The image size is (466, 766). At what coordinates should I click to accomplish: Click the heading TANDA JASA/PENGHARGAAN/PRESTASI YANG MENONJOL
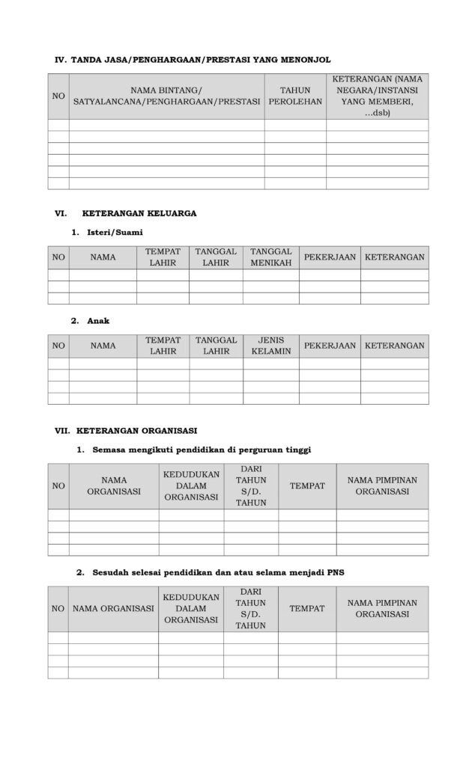(x=200, y=59)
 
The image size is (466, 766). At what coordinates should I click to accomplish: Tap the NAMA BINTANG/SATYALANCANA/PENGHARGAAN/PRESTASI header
(x=166, y=96)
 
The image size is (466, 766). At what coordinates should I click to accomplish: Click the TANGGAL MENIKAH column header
(x=270, y=257)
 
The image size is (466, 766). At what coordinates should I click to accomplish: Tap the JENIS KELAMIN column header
(x=270, y=345)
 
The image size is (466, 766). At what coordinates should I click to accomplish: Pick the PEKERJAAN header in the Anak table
(x=330, y=346)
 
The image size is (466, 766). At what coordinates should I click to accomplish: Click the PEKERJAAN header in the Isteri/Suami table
(x=330, y=257)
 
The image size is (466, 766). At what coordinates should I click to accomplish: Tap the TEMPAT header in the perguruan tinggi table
(x=307, y=486)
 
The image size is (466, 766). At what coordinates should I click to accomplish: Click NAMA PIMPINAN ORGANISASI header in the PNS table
(x=382, y=608)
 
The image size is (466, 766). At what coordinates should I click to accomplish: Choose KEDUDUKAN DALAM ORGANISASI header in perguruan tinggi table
(x=191, y=486)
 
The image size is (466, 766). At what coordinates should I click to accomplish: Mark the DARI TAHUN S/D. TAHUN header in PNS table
(x=250, y=608)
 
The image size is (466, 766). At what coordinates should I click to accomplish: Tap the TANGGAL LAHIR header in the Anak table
(x=216, y=345)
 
